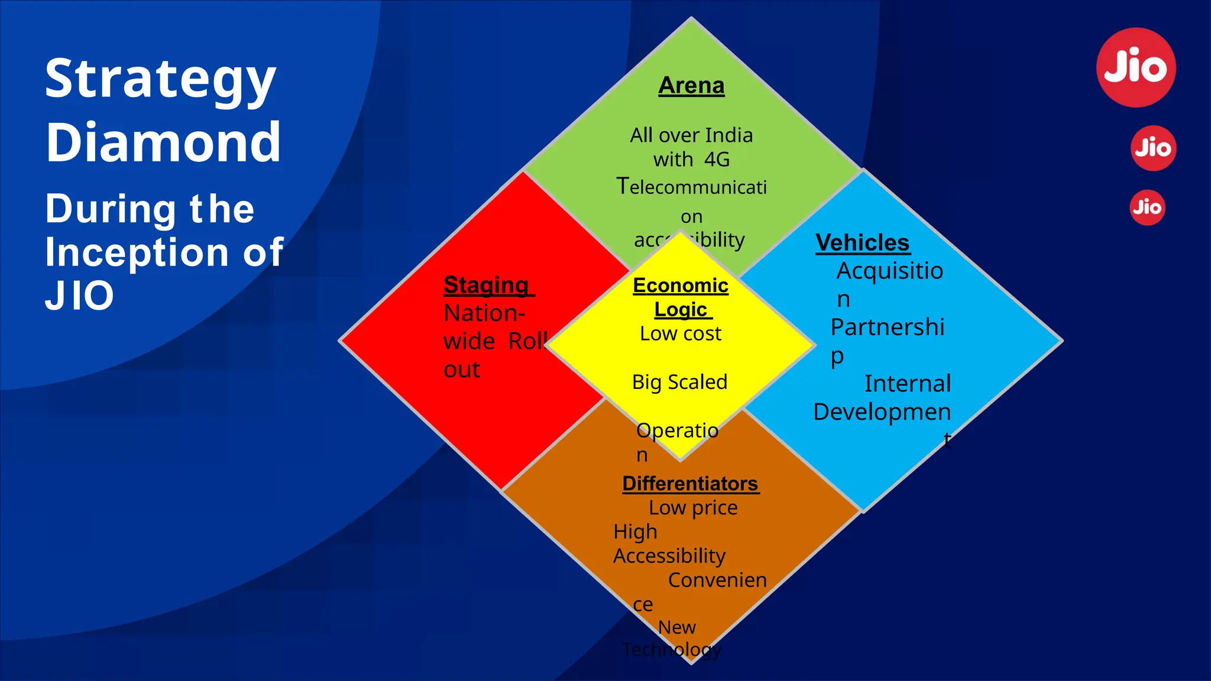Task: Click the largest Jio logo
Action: [1136, 67]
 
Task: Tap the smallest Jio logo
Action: [1147, 207]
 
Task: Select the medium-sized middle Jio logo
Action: [1153, 148]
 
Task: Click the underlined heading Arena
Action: [691, 86]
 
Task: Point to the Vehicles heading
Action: [862, 243]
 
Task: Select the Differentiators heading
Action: [690, 484]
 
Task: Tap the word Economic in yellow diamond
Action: [680, 286]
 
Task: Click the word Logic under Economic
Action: [681, 310]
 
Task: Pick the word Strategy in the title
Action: [160, 79]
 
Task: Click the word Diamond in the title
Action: [163, 142]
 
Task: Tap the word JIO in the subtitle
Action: [79, 296]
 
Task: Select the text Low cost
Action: [680, 334]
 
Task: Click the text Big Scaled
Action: [679, 382]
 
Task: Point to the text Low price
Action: [693, 508]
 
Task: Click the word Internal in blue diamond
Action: [907, 384]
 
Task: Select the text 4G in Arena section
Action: [717, 160]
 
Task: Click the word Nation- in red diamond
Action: [484, 313]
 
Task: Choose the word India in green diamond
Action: [728, 135]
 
